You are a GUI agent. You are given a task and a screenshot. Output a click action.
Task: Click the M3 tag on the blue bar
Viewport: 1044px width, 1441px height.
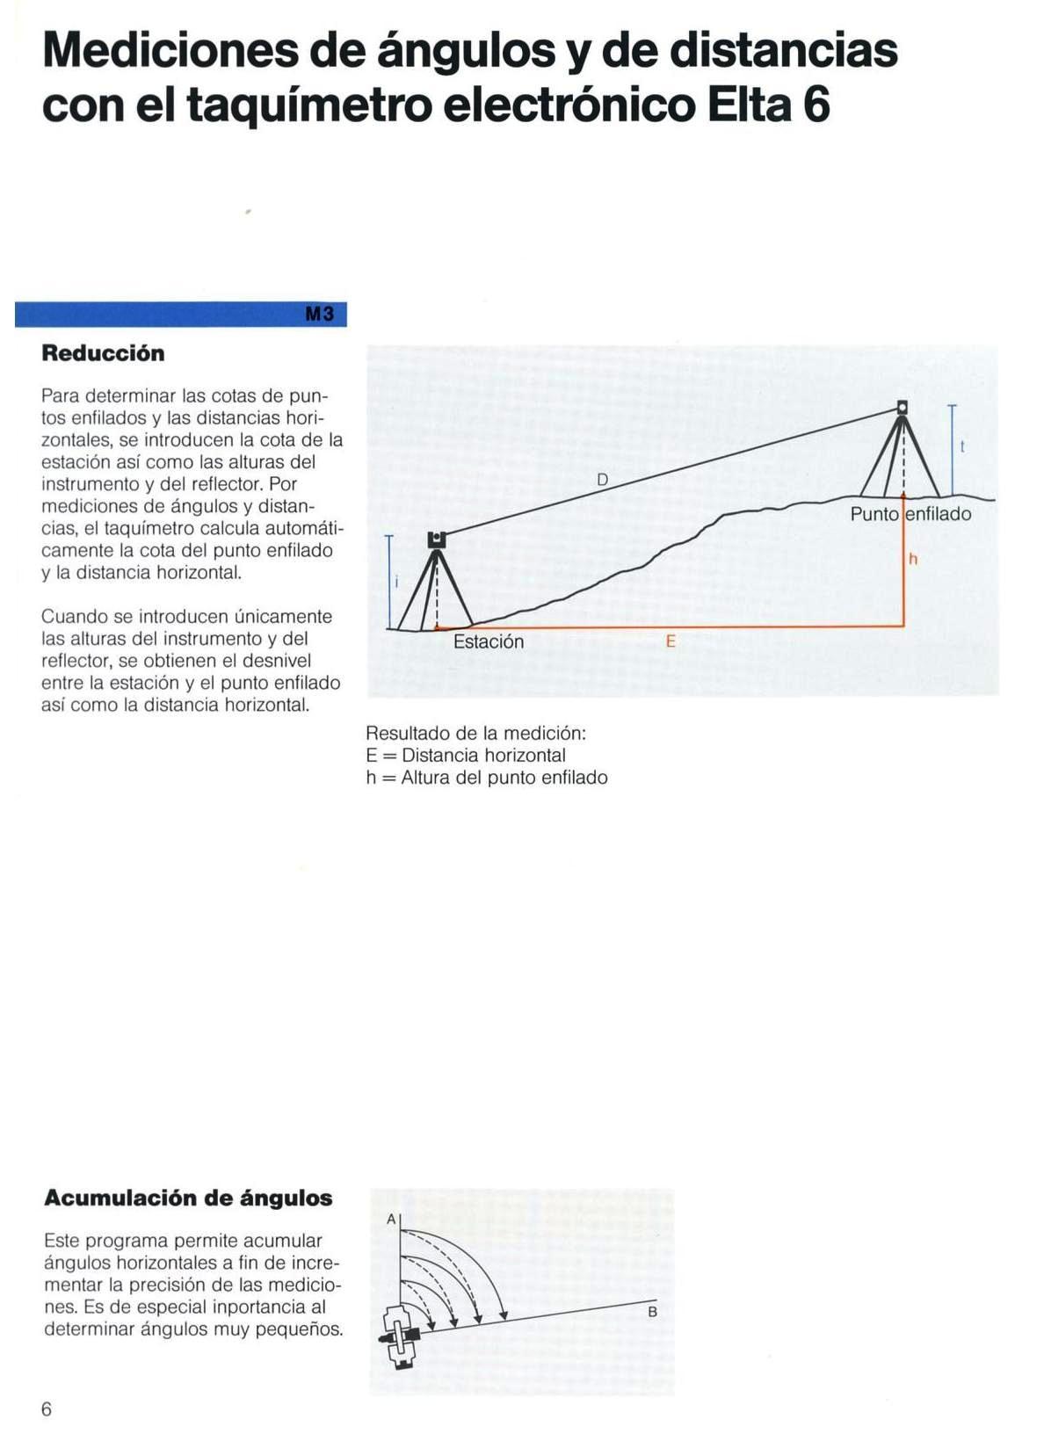tap(320, 315)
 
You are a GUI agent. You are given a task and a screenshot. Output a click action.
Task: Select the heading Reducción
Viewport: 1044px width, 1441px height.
tap(103, 353)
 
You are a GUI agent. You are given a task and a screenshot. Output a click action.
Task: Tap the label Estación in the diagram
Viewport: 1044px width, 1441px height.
tap(488, 642)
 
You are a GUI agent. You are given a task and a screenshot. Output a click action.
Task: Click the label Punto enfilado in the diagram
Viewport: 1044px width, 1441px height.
tap(910, 514)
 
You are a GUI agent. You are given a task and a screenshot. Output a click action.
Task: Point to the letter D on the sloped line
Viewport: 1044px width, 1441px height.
tap(602, 480)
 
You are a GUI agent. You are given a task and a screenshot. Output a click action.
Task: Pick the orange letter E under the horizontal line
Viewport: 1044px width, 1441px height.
tap(671, 641)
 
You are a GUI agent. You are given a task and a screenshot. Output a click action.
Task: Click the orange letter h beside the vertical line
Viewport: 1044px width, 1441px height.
tap(913, 559)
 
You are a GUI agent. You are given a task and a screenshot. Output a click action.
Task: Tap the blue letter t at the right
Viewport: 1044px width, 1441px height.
tap(962, 447)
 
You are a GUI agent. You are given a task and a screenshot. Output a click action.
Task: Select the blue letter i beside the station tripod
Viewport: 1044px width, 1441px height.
tap(397, 581)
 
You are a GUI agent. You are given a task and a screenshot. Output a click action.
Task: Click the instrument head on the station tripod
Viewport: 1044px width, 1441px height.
tap(437, 539)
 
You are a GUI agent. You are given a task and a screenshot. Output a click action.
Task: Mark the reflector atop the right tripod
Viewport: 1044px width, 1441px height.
tap(902, 408)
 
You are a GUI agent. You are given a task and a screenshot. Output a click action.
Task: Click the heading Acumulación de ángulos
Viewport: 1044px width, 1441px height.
tap(188, 1198)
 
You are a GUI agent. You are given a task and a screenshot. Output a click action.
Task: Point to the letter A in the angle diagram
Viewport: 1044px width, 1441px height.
tap(391, 1219)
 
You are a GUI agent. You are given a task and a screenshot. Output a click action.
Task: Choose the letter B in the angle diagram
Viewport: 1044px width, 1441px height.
tap(652, 1312)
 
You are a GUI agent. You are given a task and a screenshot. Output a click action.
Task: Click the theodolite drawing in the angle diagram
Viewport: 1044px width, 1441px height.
tap(402, 1336)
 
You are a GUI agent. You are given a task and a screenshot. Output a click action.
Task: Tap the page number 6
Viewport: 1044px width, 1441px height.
tap(47, 1409)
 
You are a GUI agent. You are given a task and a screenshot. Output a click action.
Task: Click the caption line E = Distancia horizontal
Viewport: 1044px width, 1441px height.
tap(466, 756)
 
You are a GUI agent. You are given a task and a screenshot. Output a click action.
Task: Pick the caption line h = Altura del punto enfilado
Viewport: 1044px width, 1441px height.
tap(487, 778)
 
